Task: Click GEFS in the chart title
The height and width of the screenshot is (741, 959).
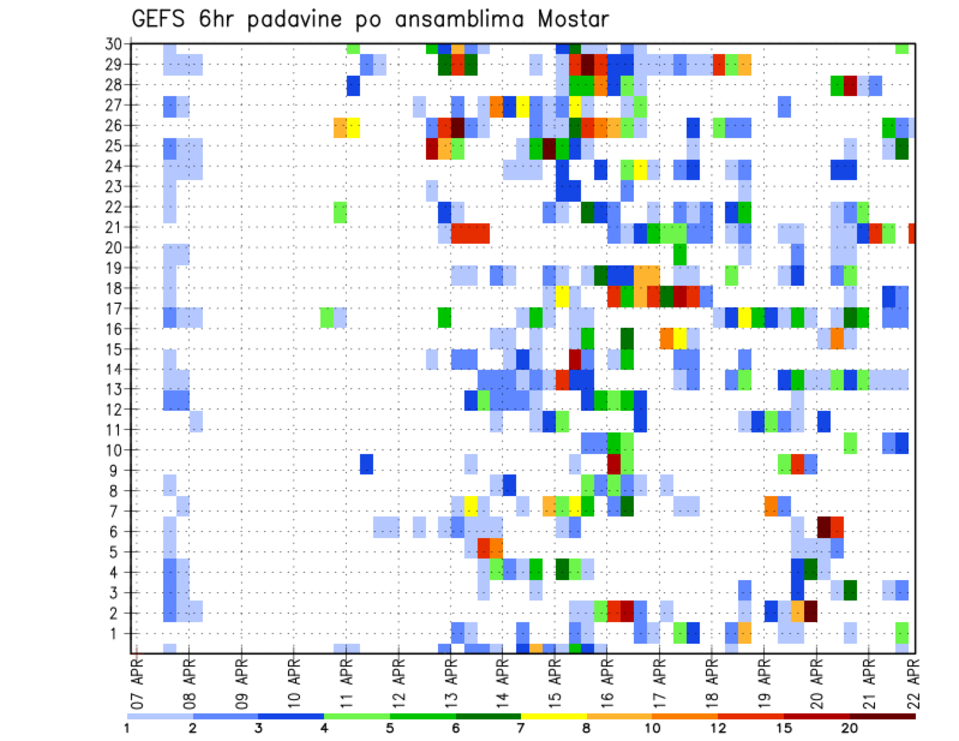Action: (x=160, y=19)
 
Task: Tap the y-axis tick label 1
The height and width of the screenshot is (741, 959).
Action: (x=117, y=633)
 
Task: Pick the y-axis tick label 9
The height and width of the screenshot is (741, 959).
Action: (x=117, y=470)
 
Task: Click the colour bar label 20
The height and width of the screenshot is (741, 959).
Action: (x=850, y=729)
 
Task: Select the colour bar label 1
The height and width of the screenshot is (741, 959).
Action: (x=127, y=729)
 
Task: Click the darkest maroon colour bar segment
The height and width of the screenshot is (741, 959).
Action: (x=883, y=716)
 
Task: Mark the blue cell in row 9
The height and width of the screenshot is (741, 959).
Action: (x=367, y=465)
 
